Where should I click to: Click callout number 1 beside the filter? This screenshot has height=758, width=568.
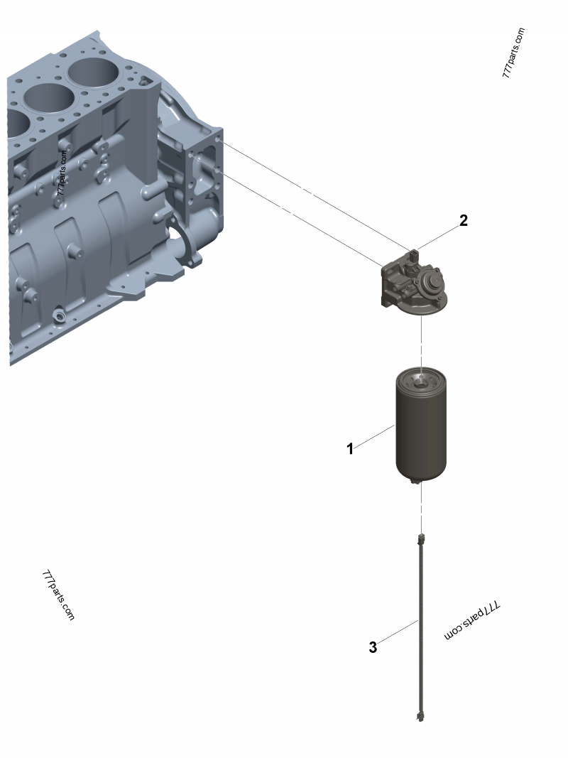pyautogui.click(x=350, y=449)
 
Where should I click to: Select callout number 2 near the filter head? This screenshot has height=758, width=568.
pyautogui.click(x=463, y=220)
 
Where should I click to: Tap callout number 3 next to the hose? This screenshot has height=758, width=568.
pyautogui.click(x=373, y=647)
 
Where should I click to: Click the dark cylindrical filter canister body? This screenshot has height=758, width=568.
pyautogui.click(x=422, y=433)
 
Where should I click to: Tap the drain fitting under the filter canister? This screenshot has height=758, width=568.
pyautogui.click(x=419, y=484)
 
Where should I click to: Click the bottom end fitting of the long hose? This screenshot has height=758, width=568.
pyautogui.click(x=420, y=715)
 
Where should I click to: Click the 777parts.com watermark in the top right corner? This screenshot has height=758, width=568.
pyautogui.click(x=513, y=53)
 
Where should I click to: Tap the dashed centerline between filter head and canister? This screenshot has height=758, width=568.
pyautogui.click(x=422, y=341)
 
